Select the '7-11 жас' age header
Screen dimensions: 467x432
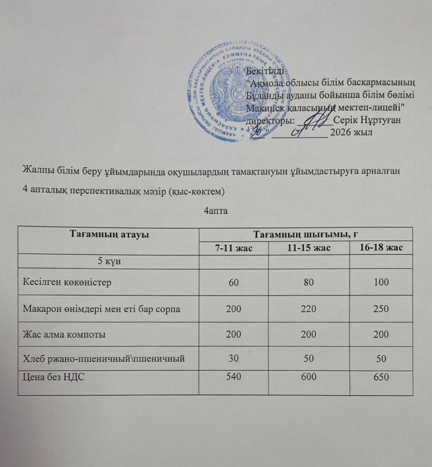click(234, 248)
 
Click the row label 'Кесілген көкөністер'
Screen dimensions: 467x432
click(67, 283)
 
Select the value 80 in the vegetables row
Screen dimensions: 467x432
click(308, 283)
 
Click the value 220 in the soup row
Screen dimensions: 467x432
click(308, 309)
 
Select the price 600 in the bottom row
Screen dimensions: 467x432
click(308, 377)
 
